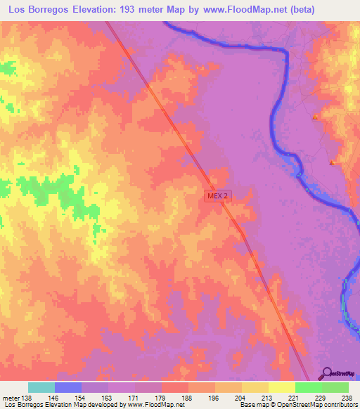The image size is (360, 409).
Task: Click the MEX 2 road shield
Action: coord(218,196)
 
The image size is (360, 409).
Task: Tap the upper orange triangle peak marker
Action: coord(316,117)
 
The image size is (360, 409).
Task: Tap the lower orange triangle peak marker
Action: coord(332,163)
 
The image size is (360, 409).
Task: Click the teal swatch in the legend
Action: coord(41,387)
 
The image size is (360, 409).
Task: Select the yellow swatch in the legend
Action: coord(282,387)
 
